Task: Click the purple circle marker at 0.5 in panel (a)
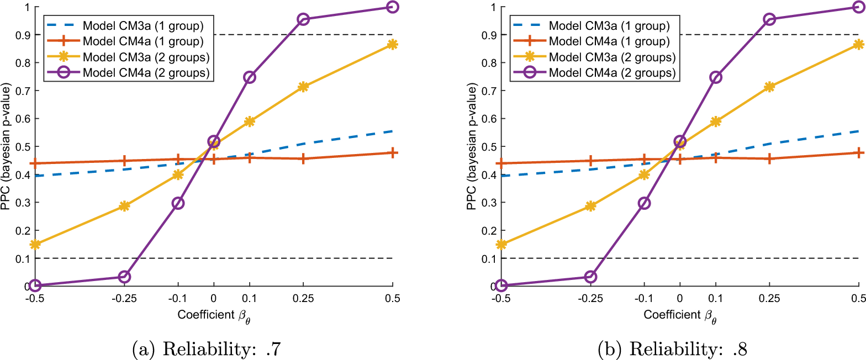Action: coord(392,7)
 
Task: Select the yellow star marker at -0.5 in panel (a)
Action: coord(35,245)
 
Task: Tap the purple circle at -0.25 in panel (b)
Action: coord(590,277)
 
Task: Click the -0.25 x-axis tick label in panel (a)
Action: coord(124,299)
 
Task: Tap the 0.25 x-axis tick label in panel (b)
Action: coord(769,299)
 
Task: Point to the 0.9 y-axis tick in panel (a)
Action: coord(23,35)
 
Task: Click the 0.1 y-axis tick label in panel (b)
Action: coord(489,259)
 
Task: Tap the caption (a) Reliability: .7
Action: coord(206,349)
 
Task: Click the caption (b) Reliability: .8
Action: coord(672,349)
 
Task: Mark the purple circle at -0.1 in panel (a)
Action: coord(178,203)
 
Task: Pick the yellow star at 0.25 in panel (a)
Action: coord(304,87)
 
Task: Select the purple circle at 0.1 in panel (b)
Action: coord(716,77)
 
